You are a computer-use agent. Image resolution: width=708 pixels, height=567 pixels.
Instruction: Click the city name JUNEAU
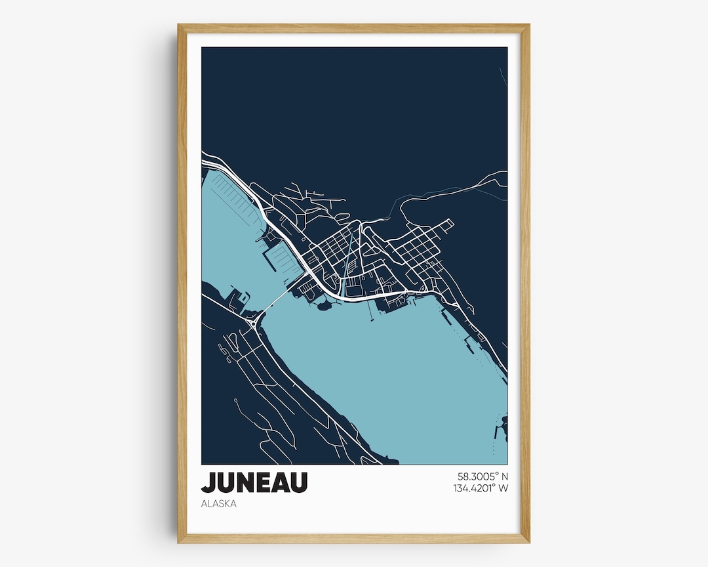click(x=254, y=482)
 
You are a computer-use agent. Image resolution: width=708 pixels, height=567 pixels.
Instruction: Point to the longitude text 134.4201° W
click(x=481, y=488)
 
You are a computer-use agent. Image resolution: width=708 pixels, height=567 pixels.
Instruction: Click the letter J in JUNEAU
click(x=208, y=482)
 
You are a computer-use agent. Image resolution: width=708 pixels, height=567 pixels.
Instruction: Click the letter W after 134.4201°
click(x=503, y=488)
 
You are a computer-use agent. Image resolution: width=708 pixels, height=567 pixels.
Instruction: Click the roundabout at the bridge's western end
click(x=253, y=324)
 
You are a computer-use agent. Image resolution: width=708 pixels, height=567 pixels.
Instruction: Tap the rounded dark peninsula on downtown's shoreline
click(x=323, y=303)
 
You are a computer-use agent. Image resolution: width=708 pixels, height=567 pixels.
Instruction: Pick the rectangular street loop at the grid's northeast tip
click(x=447, y=224)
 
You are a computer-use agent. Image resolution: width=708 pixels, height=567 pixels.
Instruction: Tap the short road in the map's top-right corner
click(x=503, y=76)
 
